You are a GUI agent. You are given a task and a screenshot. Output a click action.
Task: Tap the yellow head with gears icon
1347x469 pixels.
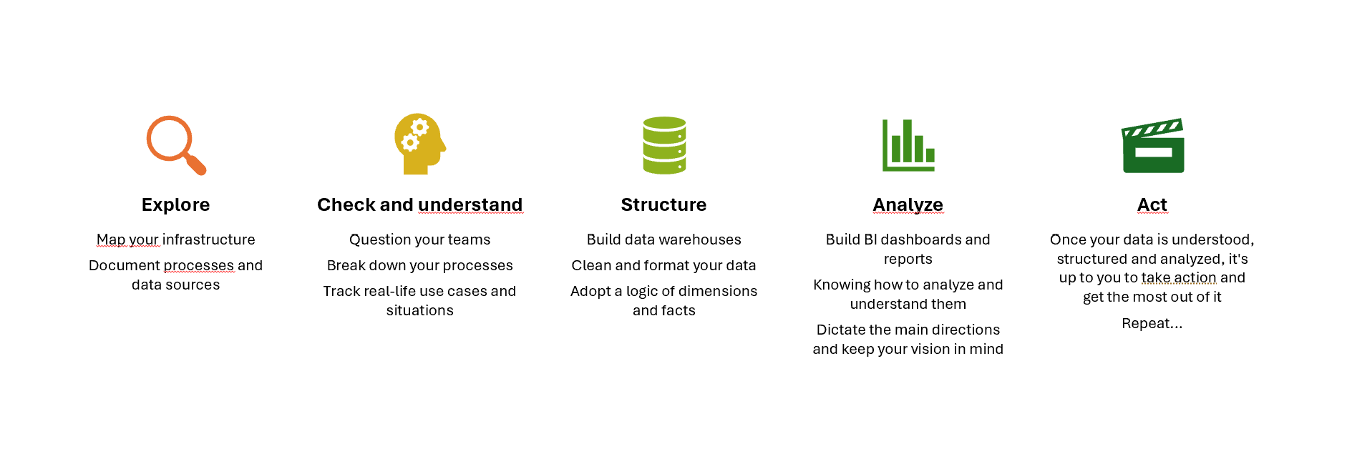pos(419,144)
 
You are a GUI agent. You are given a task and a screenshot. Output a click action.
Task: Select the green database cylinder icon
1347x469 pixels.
pos(664,145)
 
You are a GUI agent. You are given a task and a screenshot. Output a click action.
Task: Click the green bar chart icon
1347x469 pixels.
pos(908,145)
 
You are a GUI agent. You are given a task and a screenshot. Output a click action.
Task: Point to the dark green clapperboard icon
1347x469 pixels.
pos(1152,146)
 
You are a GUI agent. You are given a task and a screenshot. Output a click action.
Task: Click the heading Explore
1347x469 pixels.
pos(175,205)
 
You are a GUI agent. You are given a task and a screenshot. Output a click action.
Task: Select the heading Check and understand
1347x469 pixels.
pos(419,205)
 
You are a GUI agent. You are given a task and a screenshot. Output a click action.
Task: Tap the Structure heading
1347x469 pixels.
pos(663,205)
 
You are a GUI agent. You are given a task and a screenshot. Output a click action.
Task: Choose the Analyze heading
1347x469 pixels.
pos(908,205)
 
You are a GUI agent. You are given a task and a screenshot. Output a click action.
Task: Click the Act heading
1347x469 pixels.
pos(1152,205)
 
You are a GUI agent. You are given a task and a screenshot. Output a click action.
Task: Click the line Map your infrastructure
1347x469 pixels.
pos(176,240)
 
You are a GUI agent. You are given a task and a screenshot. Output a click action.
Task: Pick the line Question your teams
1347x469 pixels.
pos(420,240)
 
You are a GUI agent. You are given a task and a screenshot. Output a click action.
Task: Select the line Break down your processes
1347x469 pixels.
pos(420,266)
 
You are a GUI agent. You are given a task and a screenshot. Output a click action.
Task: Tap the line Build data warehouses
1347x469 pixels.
pos(664,240)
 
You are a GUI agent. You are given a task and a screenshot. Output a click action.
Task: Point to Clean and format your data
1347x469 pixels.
pos(663,266)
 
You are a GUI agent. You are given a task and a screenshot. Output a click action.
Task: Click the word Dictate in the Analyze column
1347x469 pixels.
pos(838,330)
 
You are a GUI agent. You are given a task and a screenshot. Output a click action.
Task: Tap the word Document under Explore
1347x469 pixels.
pos(125,266)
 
